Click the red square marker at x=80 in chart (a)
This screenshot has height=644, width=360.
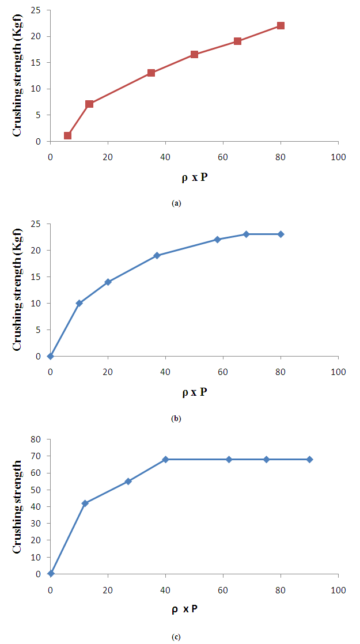click(281, 26)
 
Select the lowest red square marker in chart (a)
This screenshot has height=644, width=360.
click(67, 136)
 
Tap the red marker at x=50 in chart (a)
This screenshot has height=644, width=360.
click(194, 55)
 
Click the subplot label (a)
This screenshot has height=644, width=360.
click(176, 203)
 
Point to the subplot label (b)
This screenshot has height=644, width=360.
click(176, 419)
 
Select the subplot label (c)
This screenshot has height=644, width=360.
click(176, 637)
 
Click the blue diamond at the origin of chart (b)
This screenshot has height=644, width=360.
click(51, 356)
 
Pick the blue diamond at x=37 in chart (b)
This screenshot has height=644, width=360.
click(157, 256)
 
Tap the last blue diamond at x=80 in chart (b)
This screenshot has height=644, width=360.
click(281, 234)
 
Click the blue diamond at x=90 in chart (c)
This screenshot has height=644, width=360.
click(309, 460)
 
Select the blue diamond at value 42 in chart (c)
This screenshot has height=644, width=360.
click(85, 503)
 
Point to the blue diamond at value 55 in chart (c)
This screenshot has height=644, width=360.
click(128, 482)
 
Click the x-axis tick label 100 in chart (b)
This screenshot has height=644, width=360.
click(338, 372)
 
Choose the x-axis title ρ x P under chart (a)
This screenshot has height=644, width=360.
click(194, 177)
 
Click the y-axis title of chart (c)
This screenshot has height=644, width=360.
click(18, 506)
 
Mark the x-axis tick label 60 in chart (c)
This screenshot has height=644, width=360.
click(223, 589)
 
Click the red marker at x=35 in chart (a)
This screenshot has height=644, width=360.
click(151, 73)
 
